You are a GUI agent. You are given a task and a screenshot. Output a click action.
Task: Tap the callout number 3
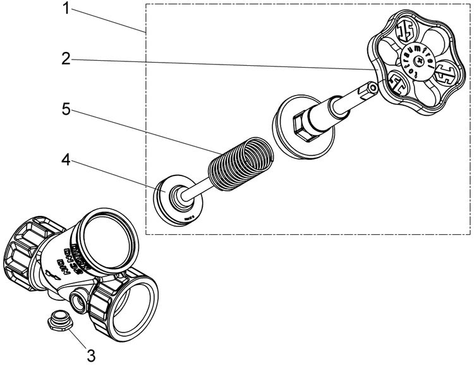click(x=91, y=355)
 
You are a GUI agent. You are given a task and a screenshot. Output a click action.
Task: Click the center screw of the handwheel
click(x=418, y=61)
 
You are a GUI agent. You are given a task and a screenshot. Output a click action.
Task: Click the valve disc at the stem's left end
click(x=178, y=198)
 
